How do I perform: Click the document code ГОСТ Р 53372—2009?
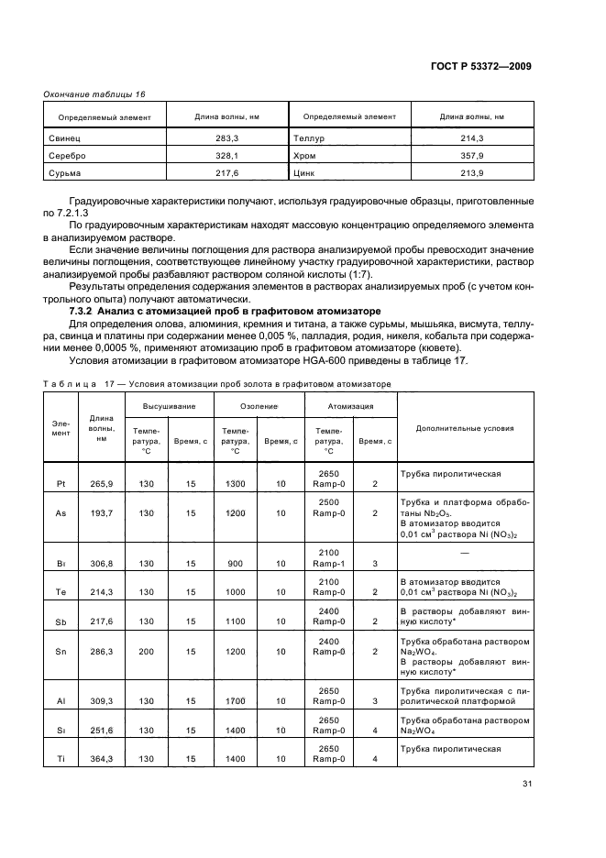click(483, 66)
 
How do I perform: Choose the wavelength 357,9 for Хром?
click(473, 155)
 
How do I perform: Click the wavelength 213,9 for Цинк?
click(473, 172)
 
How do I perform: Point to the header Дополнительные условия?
click(465, 428)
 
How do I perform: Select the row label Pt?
click(61, 483)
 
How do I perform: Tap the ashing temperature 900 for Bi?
click(235, 564)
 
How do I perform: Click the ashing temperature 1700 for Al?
click(235, 699)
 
